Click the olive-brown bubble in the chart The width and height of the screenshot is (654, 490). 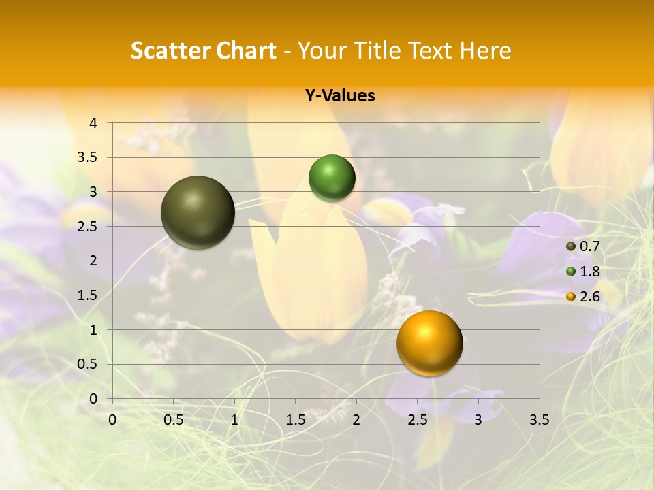point(198,212)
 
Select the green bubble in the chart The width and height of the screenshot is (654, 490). point(332,178)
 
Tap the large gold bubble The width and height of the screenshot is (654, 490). point(429,343)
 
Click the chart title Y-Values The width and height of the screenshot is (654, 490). point(340,96)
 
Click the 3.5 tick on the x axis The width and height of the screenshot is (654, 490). point(539,420)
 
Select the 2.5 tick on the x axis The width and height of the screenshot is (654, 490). point(417,420)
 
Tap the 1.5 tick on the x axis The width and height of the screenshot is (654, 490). point(295,420)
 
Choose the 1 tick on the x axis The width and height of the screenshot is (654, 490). point(234,420)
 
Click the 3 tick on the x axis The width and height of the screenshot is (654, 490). point(478,420)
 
